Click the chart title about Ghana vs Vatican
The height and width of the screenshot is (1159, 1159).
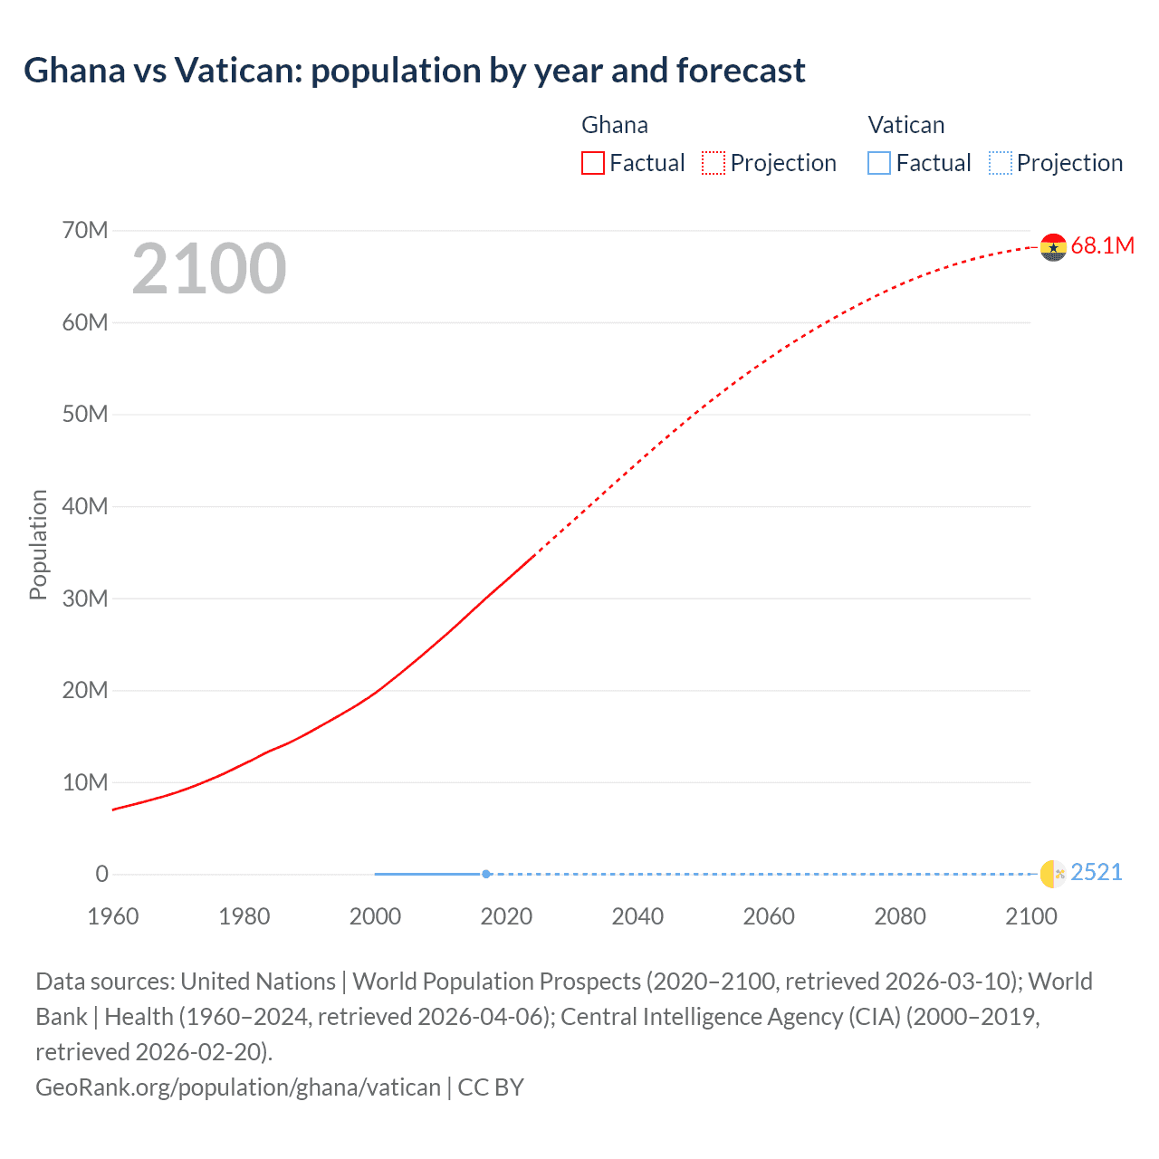[414, 71]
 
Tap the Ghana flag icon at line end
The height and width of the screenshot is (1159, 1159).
[1053, 246]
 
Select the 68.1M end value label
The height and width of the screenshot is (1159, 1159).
[1102, 245]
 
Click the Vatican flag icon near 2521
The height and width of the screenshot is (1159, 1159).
[1053, 873]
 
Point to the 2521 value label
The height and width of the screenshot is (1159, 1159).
[1096, 872]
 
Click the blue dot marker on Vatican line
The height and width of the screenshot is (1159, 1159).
[486, 874]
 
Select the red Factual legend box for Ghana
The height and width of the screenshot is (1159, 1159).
[592, 163]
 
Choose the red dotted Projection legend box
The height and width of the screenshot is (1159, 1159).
[714, 163]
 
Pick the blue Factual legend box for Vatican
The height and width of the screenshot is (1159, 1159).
[878, 163]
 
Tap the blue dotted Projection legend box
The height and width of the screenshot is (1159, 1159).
[1000, 163]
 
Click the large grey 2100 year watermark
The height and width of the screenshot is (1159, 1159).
[209, 269]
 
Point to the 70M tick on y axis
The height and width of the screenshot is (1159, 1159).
[85, 230]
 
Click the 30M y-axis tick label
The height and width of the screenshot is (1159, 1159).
[85, 599]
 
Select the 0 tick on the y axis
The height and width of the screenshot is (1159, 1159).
[101, 874]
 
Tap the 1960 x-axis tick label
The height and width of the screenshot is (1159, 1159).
[113, 916]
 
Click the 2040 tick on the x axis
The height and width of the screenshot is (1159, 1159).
[637, 916]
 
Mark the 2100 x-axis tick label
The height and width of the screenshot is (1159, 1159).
[1030, 916]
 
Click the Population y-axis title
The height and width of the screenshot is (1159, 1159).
[38, 544]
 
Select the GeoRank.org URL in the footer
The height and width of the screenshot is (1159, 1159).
[238, 1087]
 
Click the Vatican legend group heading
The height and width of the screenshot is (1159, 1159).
[905, 125]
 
